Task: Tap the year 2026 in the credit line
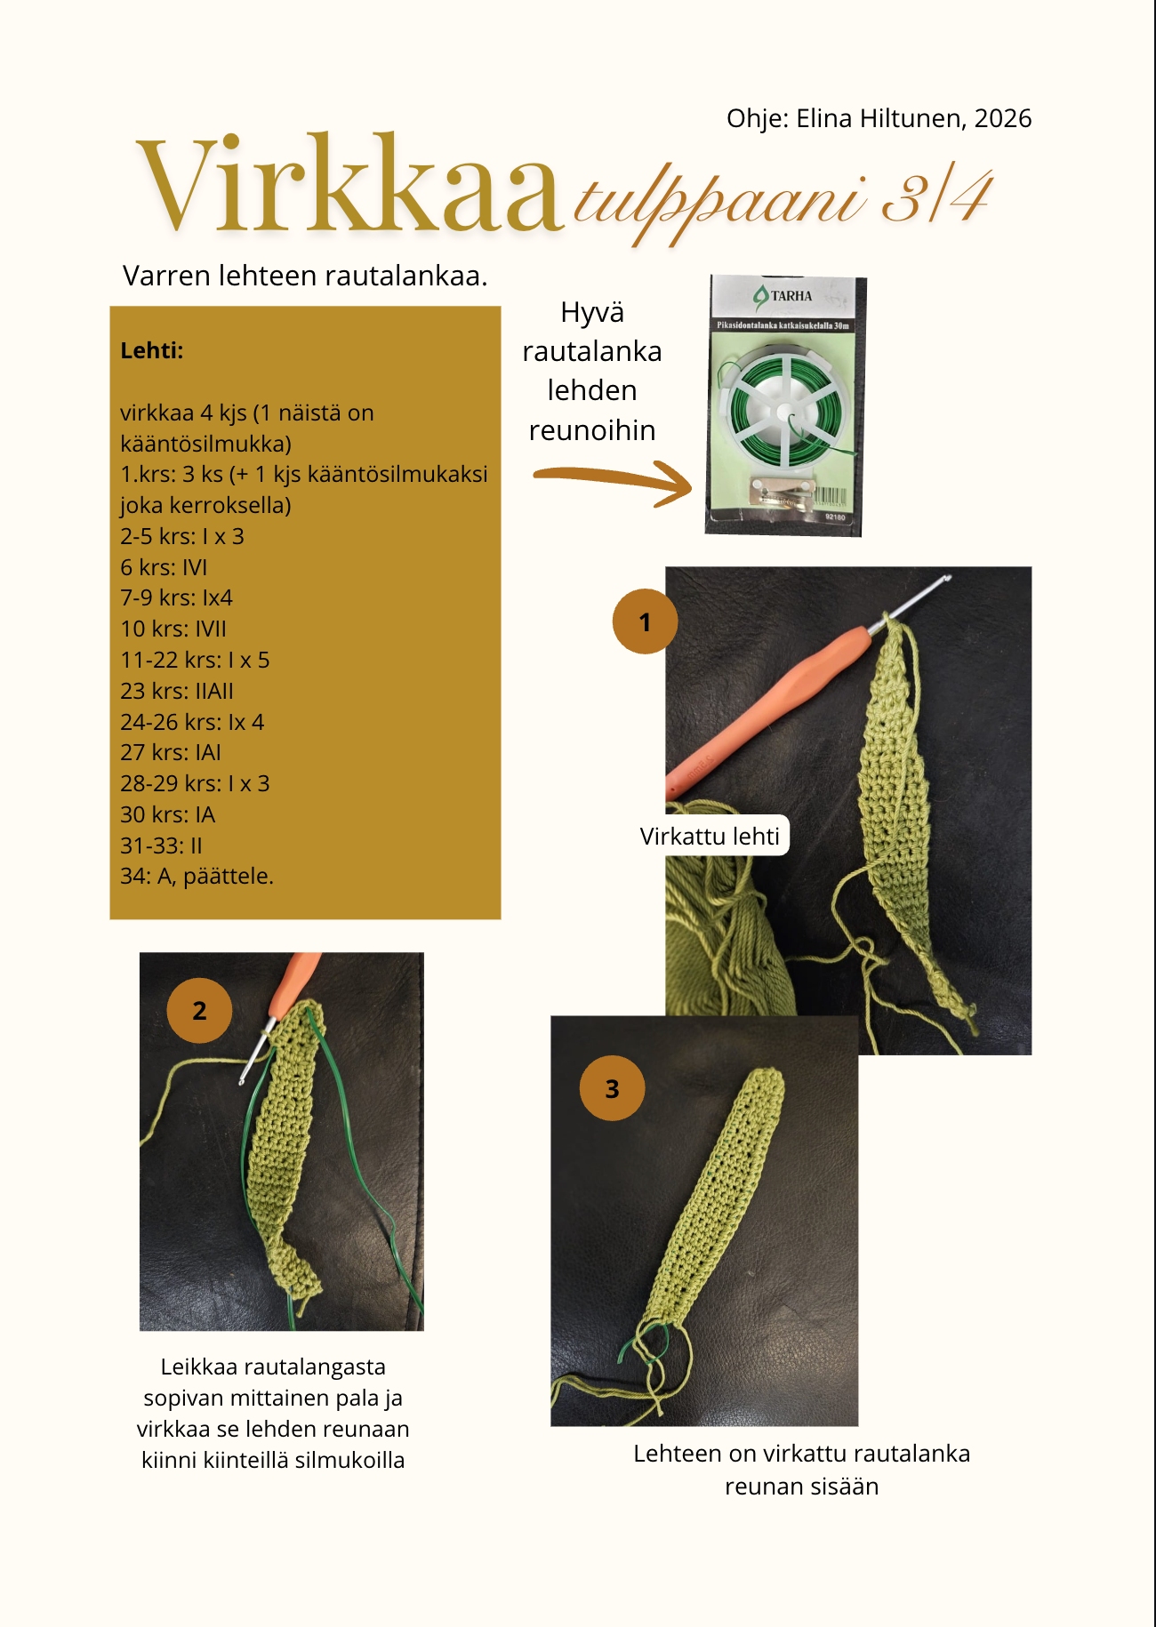[x=1002, y=118]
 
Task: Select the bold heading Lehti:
[x=152, y=350]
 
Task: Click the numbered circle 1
[x=645, y=621]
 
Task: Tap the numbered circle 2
[x=199, y=1011]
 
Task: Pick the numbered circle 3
[x=612, y=1088]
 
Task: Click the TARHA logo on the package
[x=783, y=296]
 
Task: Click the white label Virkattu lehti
[x=710, y=836]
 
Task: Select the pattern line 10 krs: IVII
[x=173, y=629]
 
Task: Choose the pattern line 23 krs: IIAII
[x=177, y=691]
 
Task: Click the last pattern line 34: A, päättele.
[x=197, y=876]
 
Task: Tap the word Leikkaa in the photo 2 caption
[x=198, y=1367]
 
